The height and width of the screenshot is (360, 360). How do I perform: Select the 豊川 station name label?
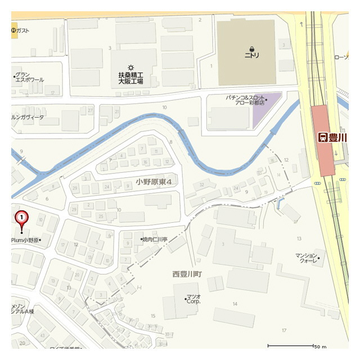pyautogui.click(x=336, y=137)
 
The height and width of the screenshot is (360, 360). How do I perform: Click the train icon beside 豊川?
pyautogui.click(x=323, y=137)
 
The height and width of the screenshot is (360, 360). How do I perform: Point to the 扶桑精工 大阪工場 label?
pyautogui.click(x=130, y=78)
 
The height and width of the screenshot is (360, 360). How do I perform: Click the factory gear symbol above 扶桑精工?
pyautogui.click(x=130, y=67)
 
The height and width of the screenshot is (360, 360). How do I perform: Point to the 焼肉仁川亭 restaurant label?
pyautogui.click(x=155, y=240)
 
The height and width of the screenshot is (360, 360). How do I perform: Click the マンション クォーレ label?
pyautogui.click(x=307, y=258)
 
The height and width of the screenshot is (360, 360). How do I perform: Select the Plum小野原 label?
pyautogui.click(x=25, y=240)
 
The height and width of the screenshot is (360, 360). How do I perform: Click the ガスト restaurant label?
pyautogui.click(x=23, y=30)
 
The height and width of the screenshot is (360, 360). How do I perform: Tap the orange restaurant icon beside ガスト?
pyautogui.click(x=14, y=30)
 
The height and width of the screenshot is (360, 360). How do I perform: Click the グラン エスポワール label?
pyautogui.click(x=30, y=77)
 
